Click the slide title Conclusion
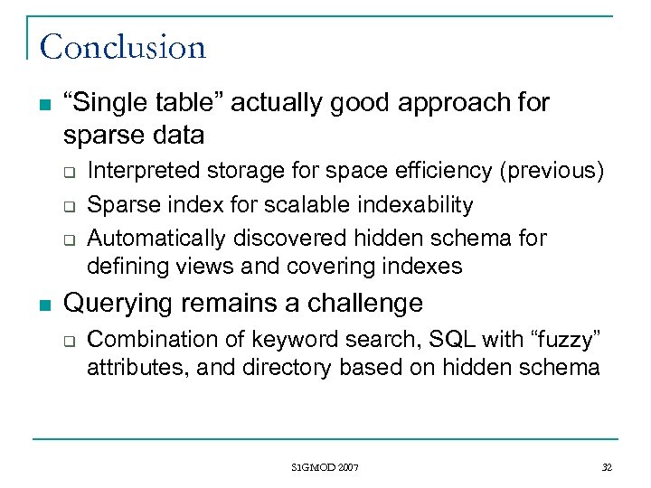(x=123, y=46)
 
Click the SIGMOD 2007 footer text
(x=325, y=467)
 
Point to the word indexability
(x=420, y=204)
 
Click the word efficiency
(x=437, y=170)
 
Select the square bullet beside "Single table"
(x=37, y=104)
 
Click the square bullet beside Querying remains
(x=37, y=304)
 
